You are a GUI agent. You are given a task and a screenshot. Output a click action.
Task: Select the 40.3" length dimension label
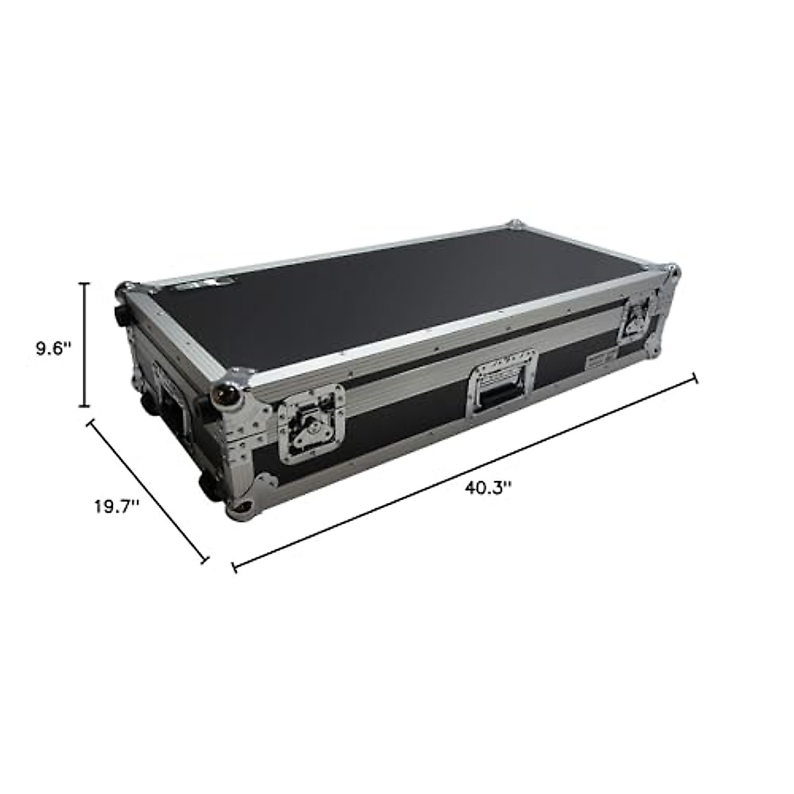488,488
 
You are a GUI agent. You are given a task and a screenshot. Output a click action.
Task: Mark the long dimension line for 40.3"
464,472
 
